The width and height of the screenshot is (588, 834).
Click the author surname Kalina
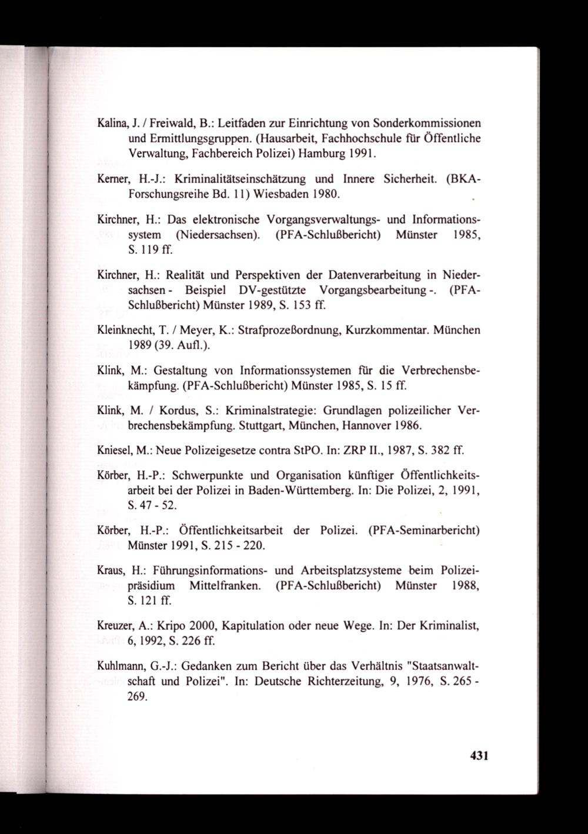pyautogui.click(x=111, y=124)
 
